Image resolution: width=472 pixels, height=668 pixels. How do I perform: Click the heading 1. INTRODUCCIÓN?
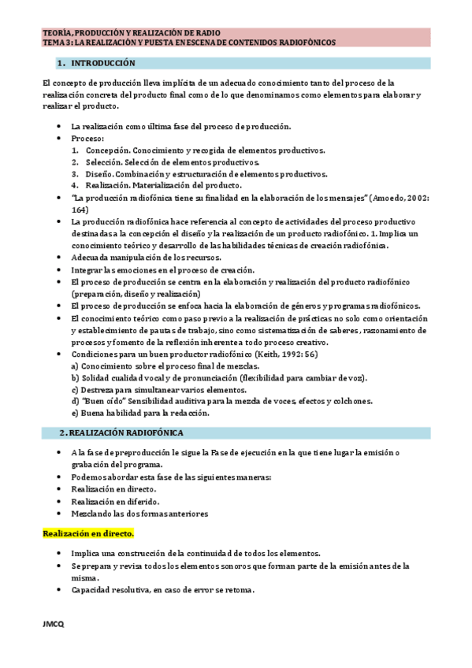(x=102, y=62)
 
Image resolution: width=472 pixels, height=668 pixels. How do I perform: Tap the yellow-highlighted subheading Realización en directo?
(x=88, y=533)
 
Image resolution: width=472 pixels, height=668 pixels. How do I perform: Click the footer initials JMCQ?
(x=54, y=625)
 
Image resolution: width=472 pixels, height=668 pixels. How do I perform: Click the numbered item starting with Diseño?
(x=206, y=173)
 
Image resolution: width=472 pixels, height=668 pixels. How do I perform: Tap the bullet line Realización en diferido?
(x=114, y=501)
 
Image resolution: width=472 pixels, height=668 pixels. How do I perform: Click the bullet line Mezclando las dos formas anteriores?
(x=139, y=513)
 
